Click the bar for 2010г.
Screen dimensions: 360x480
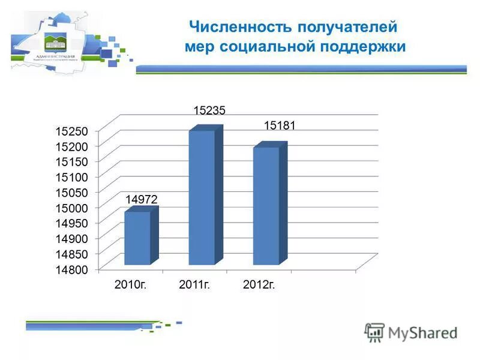pos(137,238)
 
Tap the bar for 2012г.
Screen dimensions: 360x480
pos(266,205)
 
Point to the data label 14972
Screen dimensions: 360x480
pos(142,199)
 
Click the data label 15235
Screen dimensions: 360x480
pos(209,110)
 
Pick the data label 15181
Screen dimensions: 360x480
pos(280,126)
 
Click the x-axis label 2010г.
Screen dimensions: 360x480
pos(130,284)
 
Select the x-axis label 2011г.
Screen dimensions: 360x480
pos(194,284)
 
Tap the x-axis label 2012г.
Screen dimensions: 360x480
pos(259,284)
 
